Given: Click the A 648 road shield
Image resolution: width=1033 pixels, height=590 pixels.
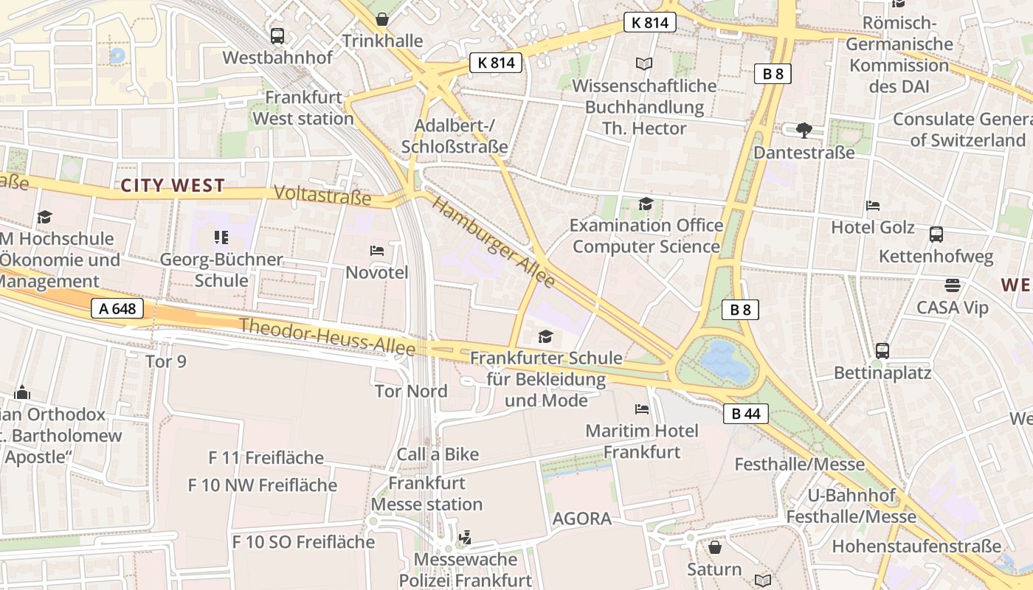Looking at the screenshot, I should point(118,308).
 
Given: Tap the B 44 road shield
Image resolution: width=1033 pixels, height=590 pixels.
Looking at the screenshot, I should point(745,414).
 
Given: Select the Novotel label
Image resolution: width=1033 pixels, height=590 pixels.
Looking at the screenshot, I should point(377,272).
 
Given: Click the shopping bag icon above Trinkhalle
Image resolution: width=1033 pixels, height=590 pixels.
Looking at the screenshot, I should point(382,19).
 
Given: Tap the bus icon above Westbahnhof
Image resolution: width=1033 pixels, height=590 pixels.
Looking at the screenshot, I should point(277,35).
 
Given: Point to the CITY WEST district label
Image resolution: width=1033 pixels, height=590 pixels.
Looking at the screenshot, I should point(173,185).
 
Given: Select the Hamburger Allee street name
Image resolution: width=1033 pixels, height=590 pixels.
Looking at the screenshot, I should point(493,241).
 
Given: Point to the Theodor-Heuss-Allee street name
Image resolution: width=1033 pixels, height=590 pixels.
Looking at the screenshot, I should point(327,336).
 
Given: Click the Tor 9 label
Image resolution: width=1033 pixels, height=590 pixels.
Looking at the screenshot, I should point(166,361).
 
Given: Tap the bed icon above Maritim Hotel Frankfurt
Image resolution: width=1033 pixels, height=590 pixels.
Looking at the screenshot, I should point(642,409).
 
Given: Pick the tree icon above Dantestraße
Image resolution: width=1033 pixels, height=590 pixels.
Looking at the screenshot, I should point(804,131).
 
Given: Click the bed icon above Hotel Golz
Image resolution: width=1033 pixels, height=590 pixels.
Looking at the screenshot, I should point(873,206).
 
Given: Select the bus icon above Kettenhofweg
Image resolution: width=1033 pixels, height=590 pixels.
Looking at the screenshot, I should point(936,235).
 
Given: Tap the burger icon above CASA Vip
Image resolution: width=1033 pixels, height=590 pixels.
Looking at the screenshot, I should point(953,285).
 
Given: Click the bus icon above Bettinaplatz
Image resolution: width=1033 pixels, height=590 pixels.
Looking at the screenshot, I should point(882,350).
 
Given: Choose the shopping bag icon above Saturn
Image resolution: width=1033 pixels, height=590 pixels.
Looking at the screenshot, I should point(714,547).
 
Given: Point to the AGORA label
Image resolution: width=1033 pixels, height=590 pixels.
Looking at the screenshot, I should point(582,518).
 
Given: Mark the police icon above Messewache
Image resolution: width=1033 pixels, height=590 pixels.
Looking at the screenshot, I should point(465,538).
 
